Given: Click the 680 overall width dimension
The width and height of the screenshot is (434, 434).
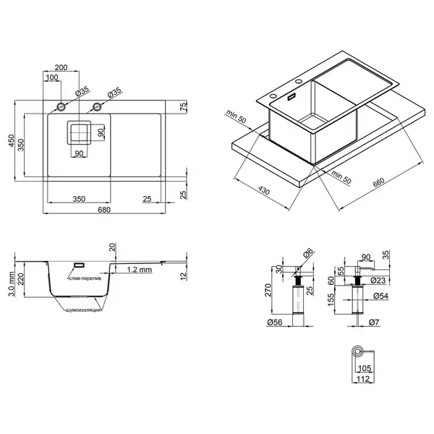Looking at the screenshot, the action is [x=104, y=210].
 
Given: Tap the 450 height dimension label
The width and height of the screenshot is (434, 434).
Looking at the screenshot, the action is [x=11, y=140].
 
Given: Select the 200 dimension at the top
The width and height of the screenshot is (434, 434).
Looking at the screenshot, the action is [x=61, y=67].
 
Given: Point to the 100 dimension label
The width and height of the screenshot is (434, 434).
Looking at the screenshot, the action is [x=52, y=77].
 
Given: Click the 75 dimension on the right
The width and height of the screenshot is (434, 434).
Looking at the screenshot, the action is [x=184, y=106].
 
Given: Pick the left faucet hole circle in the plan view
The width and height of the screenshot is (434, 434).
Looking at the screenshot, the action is [x=61, y=106].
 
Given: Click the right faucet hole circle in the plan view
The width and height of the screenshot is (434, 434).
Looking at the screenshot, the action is [x=97, y=106].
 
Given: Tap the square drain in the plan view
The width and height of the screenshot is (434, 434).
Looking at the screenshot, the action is [x=79, y=132].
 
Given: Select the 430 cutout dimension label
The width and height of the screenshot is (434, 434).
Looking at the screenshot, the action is [x=263, y=190].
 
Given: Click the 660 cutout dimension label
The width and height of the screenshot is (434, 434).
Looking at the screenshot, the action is [x=378, y=182].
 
